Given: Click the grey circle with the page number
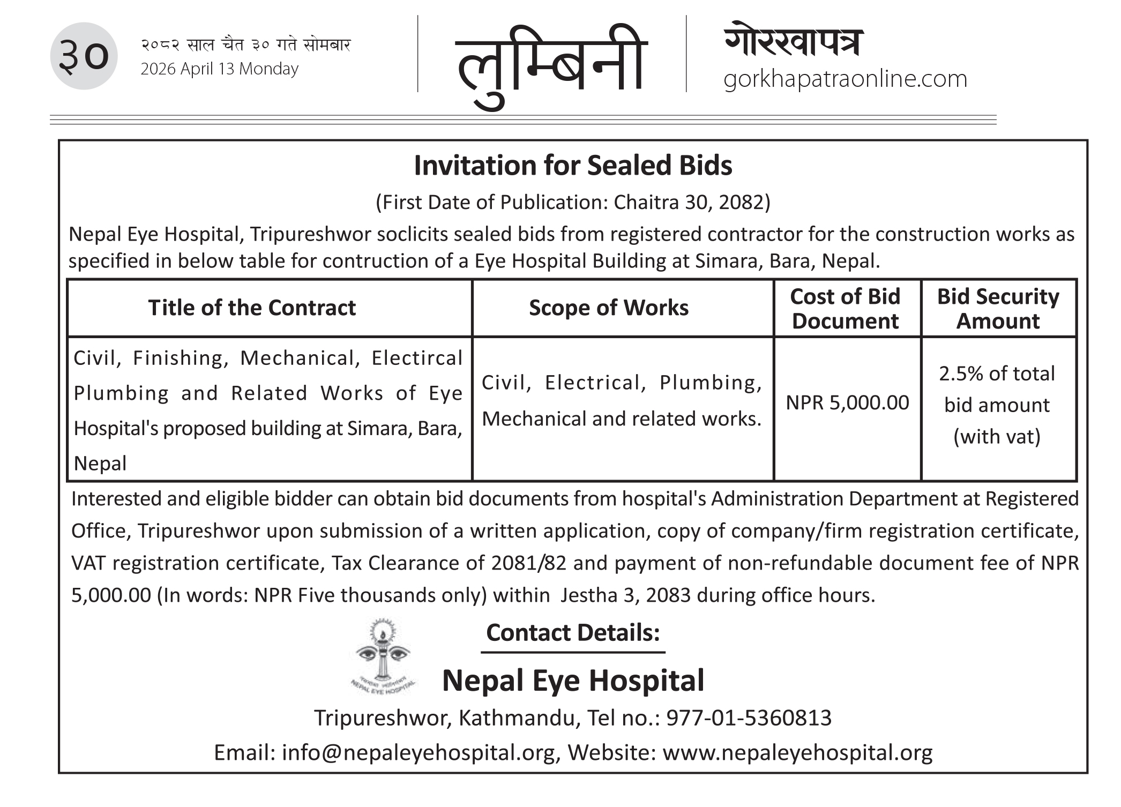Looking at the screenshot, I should point(84,56).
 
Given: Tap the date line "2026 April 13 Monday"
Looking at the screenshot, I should point(219,69).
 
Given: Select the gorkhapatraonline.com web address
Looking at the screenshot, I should point(845,79).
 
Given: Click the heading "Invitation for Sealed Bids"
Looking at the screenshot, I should point(573,166).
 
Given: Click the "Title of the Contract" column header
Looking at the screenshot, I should point(252,308).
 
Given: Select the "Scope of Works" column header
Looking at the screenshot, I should point(609,308).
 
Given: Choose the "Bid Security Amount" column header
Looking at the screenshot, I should point(998,309).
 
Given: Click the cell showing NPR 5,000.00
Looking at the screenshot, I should point(847,402).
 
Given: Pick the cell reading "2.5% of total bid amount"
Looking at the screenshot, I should point(997,405).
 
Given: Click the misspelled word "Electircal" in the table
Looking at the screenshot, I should point(417,358).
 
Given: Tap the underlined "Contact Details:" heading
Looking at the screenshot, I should point(573,633).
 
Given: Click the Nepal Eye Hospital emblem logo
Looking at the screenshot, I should point(382,657).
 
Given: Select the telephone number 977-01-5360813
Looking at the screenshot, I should point(749,718).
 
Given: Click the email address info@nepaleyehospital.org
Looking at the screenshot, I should point(418,753).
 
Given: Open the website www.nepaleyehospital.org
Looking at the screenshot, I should point(797,753).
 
